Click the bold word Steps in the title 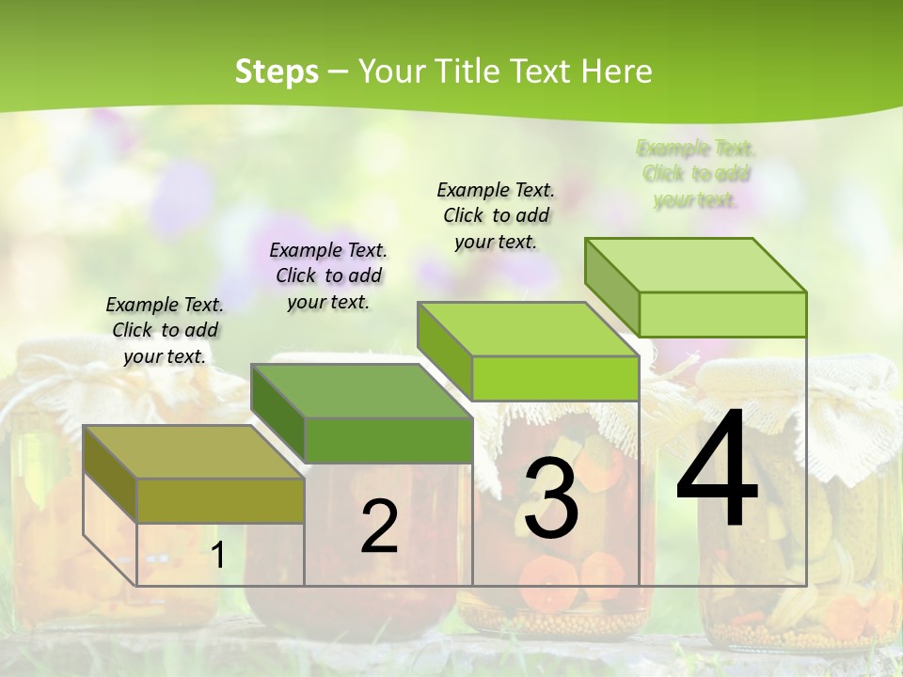277,71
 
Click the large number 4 717,469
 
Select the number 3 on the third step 551,497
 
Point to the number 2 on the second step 380,527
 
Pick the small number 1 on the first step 217,556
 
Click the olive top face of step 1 194,451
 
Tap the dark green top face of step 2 361,390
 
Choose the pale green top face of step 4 696,265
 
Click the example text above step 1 165,330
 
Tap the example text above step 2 328,276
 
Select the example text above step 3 496,215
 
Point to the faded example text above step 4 696,174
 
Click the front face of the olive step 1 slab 220,500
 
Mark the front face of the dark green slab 388,440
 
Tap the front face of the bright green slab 555,378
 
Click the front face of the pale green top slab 722,314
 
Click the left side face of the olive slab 110,476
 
